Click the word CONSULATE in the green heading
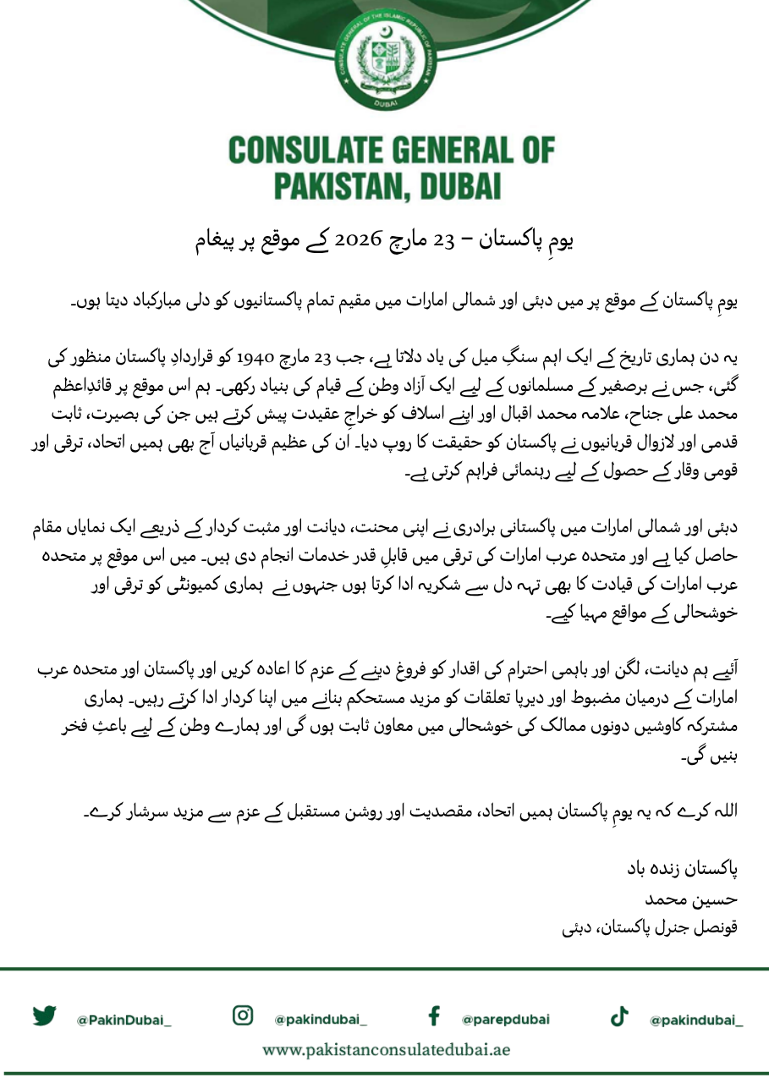[x=313, y=151]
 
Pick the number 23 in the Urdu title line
[x=444, y=241]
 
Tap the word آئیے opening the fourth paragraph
[x=724, y=669]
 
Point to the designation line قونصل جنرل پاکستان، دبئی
[x=651, y=926]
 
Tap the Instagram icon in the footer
[x=243, y=1015]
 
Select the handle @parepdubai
[x=505, y=1020]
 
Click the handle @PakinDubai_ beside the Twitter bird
[x=124, y=1020]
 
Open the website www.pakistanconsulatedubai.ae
[x=386, y=1050]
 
